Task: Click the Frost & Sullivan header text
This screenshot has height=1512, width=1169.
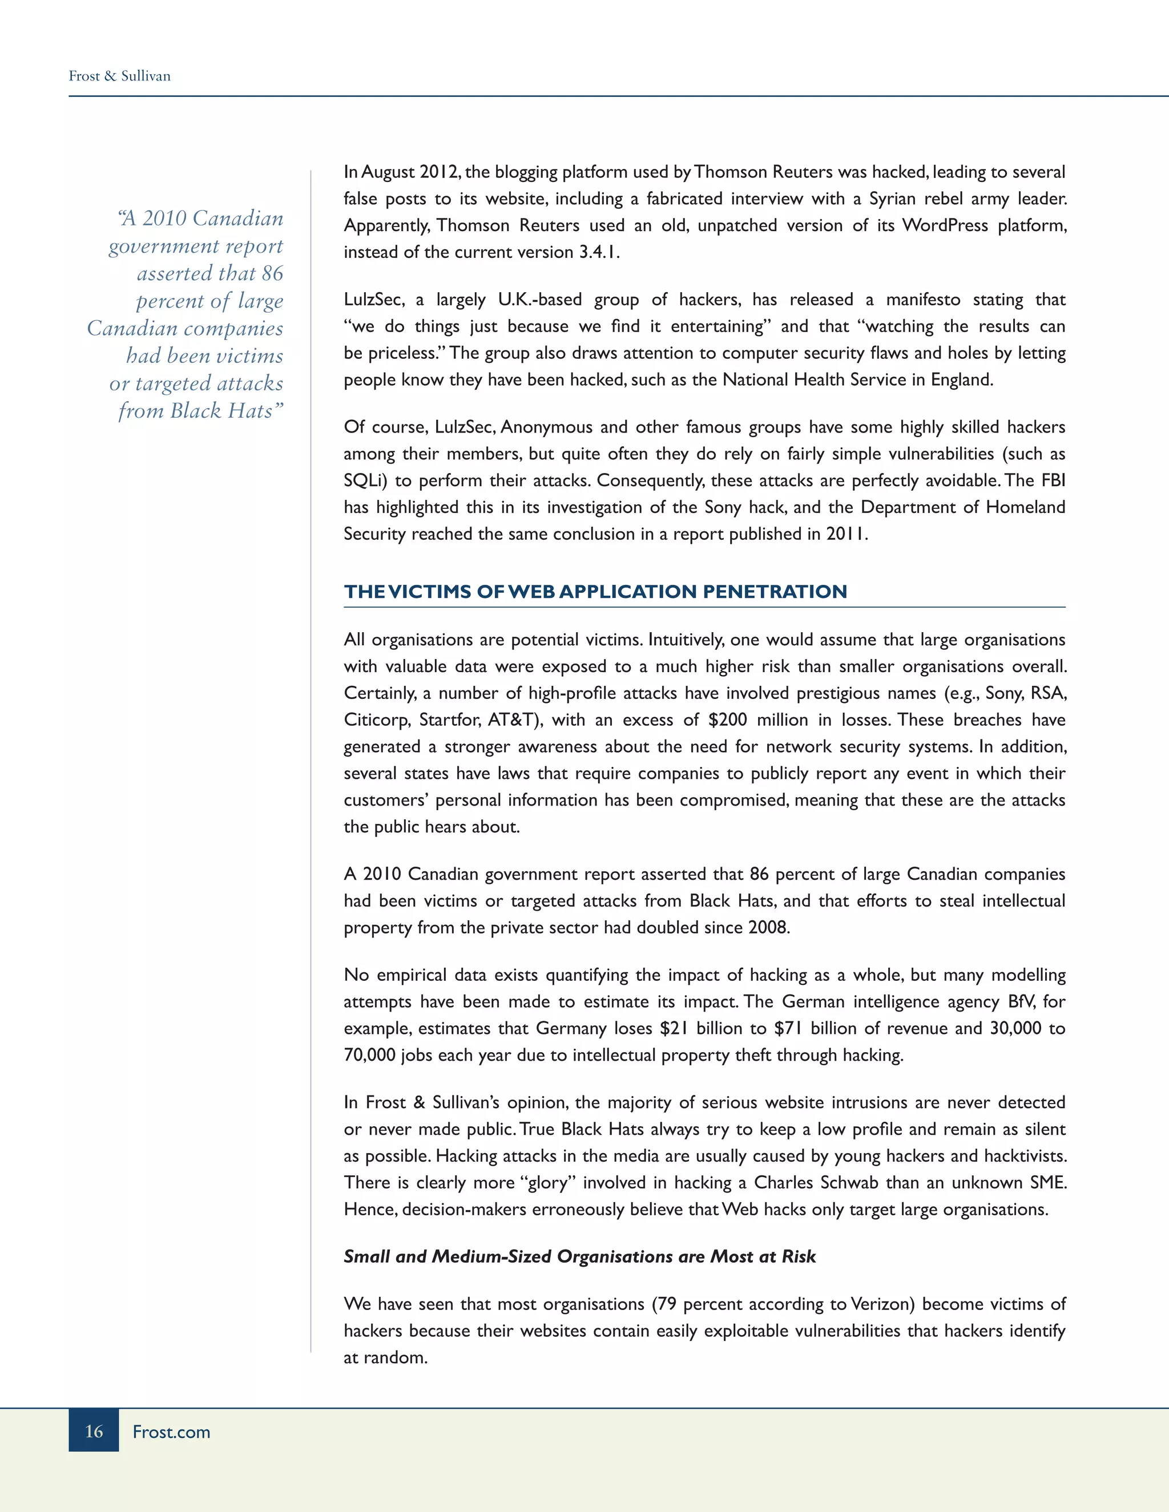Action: (119, 76)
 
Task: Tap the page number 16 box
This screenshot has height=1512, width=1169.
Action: (94, 1431)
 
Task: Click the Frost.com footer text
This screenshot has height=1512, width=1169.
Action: (171, 1432)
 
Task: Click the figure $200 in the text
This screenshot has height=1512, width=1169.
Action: (727, 720)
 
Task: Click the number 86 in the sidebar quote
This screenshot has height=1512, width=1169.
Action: (272, 273)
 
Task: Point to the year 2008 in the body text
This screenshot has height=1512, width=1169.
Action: (768, 928)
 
